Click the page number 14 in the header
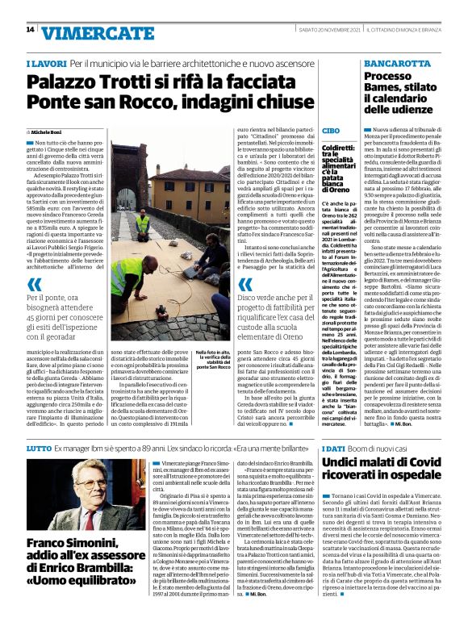(x=29, y=30)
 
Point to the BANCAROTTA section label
(x=395, y=63)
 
